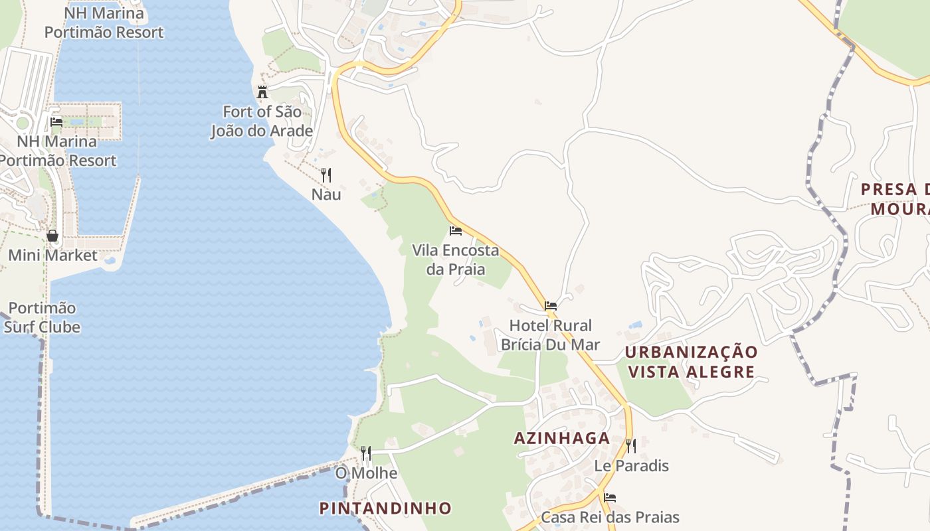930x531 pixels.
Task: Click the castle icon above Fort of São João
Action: [262, 92]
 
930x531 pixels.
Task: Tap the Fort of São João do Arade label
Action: [262, 121]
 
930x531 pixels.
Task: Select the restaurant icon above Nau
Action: [326, 175]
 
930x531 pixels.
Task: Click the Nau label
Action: [326, 194]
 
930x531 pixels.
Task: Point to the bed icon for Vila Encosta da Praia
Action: [456, 231]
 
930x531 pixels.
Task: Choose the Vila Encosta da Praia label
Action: [456, 260]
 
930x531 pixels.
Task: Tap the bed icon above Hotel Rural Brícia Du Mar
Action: [551, 306]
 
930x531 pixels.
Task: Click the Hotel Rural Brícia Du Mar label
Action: [550, 335]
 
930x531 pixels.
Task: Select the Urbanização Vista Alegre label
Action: [692, 362]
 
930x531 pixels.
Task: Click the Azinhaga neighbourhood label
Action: [562, 438]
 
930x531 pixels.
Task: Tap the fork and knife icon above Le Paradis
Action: [631, 445]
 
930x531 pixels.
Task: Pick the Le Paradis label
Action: [631, 465]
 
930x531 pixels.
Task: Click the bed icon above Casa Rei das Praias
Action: [610, 497]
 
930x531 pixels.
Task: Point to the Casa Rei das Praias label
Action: [610, 517]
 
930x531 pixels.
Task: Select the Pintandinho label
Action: [385, 508]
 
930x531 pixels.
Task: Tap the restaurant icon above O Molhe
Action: [366, 453]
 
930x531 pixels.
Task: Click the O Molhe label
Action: [366, 473]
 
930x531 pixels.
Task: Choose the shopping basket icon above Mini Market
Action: [52, 236]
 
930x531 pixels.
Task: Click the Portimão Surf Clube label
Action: [43, 317]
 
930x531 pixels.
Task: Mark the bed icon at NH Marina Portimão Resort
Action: [56, 122]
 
